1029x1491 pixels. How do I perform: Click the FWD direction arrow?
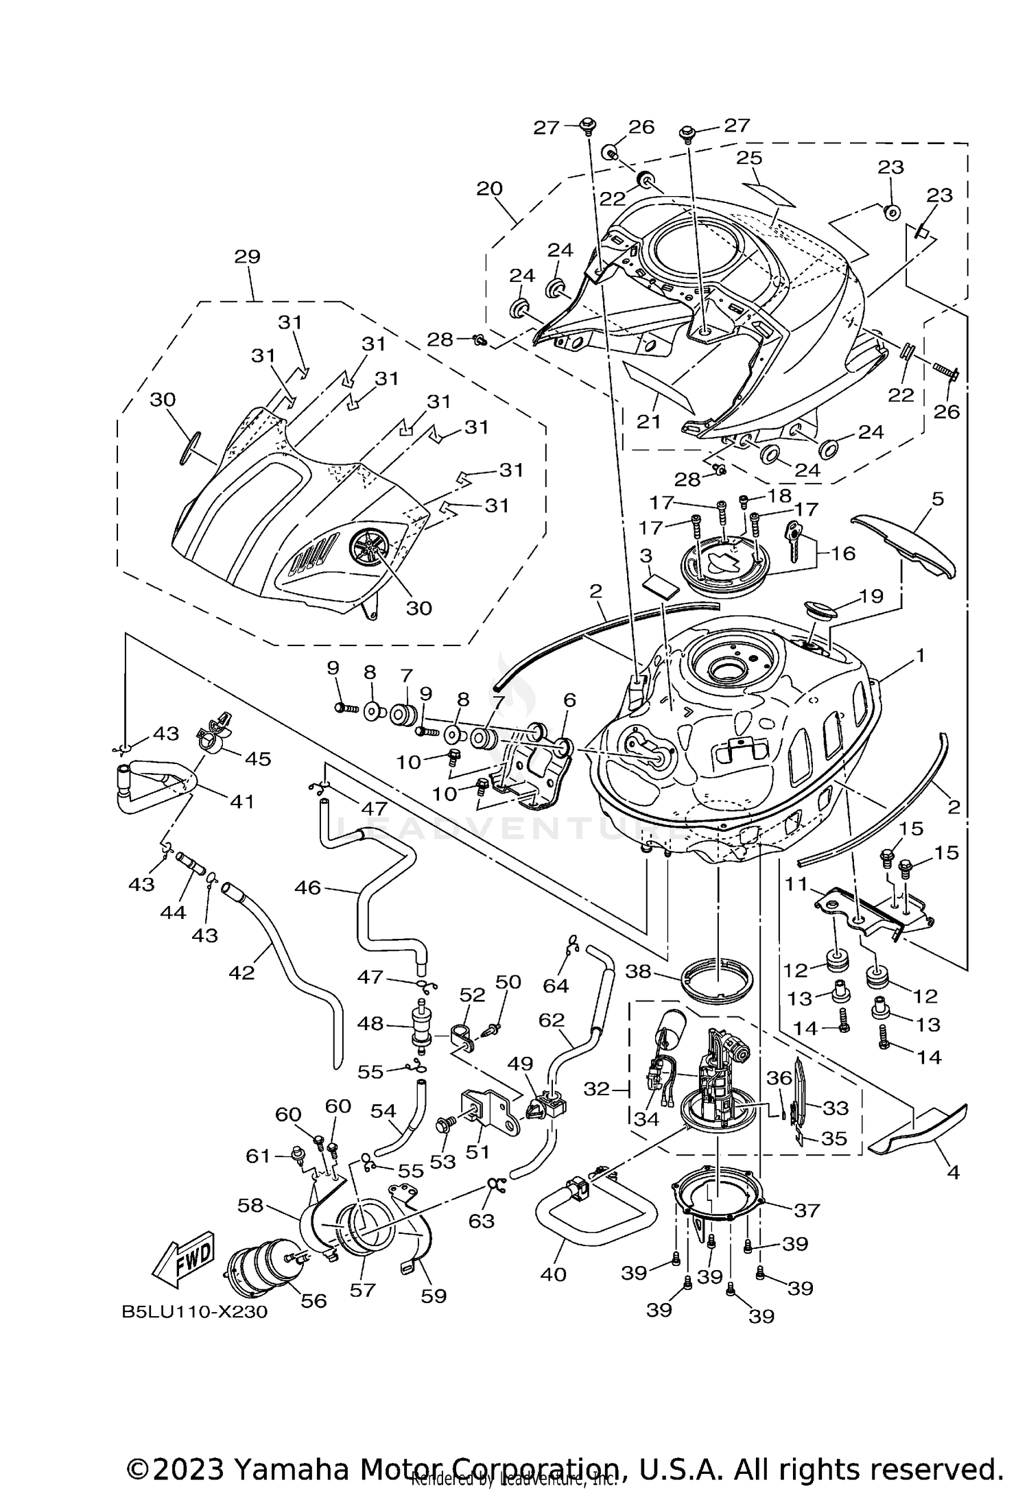[184, 1260]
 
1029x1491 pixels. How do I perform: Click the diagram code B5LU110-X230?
[194, 1312]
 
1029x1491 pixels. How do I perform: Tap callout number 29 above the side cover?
[247, 257]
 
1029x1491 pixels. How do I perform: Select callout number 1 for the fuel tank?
[919, 656]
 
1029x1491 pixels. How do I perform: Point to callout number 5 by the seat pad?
[937, 499]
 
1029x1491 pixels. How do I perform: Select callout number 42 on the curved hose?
[241, 972]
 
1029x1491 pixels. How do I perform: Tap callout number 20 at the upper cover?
[490, 189]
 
